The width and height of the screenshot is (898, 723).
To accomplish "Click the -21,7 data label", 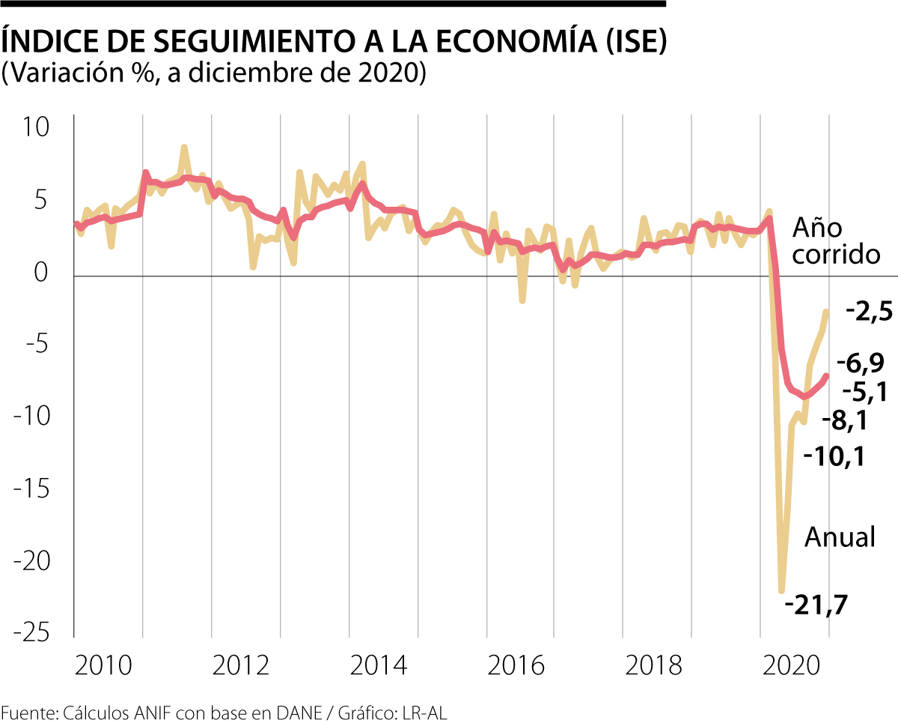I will (816, 604).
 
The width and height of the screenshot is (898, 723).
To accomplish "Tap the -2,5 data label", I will (869, 311).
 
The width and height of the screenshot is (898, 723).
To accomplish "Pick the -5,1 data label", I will (865, 392).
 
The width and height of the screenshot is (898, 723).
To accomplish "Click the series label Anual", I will (840, 536).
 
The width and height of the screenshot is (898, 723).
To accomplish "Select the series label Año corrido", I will (835, 241).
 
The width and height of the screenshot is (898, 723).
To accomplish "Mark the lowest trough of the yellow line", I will (782, 590).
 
